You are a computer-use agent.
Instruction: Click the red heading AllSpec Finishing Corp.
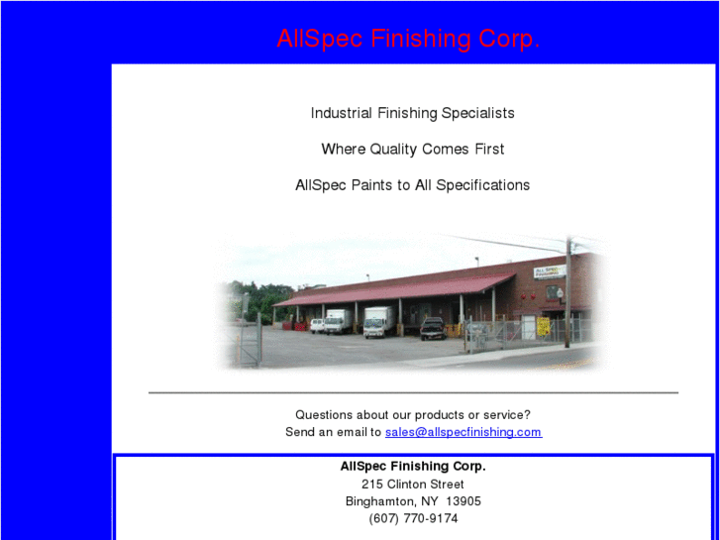coord(408,40)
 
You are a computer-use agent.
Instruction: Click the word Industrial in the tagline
coord(342,113)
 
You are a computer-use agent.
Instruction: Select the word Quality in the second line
coord(394,150)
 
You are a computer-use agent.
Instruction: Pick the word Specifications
coord(482,185)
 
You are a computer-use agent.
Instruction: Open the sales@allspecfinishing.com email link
coord(463,432)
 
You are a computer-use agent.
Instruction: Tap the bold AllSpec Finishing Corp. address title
coord(413,466)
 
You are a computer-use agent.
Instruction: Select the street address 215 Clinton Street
coord(413,485)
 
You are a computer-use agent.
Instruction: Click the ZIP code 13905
coord(463,501)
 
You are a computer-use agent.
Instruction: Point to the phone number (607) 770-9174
coord(413,518)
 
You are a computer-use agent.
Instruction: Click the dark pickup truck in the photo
coord(432,327)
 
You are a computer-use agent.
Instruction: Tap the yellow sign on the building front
coord(544,326)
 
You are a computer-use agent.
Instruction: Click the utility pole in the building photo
coord(568,292)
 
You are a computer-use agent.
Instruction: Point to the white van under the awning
coord(336,320)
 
